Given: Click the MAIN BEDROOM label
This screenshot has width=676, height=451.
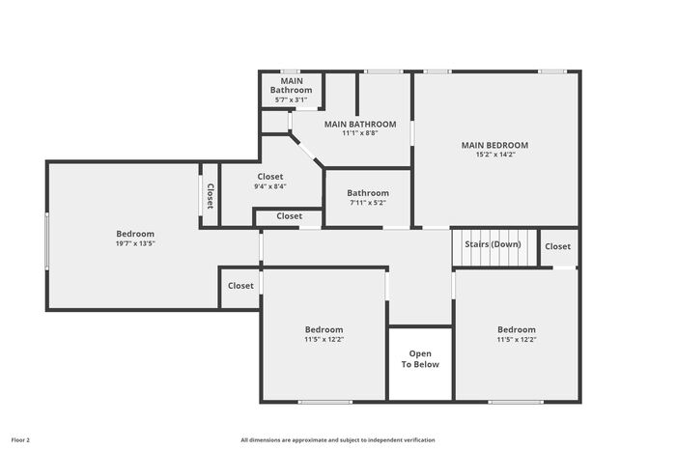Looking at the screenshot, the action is tap(494, 145).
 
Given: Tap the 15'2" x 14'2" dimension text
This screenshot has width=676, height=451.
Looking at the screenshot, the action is tap(494, 155).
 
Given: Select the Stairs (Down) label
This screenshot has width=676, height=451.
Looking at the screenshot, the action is tap(493, 244).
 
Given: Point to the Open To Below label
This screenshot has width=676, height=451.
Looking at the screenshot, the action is tap(420, 358).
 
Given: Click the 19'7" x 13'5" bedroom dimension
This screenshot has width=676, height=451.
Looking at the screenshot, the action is tap(135, 243).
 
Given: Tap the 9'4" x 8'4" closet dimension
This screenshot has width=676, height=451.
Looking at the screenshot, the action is tap(270, 186).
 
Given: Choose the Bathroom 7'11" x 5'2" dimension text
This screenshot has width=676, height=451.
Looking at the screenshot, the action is tap(368, 202).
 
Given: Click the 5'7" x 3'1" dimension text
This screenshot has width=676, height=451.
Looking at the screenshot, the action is tap(291, 99).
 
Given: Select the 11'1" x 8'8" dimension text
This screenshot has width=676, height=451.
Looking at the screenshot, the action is tap(360, 133).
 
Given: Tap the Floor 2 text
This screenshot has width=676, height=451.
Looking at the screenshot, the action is tap(20, 440).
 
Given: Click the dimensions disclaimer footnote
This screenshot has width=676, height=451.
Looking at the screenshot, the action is tap(338, 440).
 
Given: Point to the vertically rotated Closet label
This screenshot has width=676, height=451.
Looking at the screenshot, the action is tap(210, 196).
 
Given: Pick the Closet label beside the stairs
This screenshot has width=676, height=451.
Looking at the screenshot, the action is tap(557, 246).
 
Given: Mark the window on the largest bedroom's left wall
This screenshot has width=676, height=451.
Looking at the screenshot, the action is tap(47, 241).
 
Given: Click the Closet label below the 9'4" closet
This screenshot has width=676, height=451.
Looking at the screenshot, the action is tap(290, 216).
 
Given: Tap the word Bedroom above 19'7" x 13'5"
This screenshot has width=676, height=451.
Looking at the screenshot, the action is tap(135, 234).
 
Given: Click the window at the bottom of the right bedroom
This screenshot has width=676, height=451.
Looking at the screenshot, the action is tap(516, 402).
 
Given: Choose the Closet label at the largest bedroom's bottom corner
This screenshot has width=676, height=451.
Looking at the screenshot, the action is tap(240, 286).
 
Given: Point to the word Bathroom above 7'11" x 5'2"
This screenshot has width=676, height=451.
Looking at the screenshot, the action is tap(368, 193).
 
